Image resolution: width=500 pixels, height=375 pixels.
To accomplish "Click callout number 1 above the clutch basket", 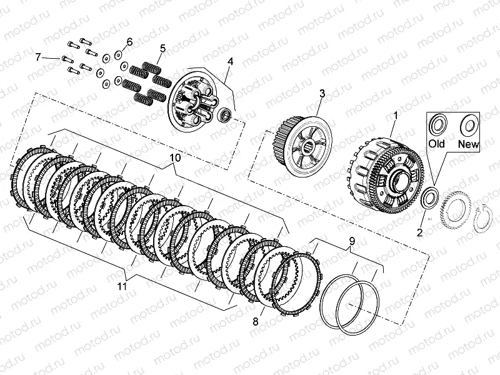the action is point(396,116).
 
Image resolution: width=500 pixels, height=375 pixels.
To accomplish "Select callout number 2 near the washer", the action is point(419,232).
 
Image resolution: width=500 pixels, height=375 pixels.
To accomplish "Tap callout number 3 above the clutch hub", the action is point(322,94).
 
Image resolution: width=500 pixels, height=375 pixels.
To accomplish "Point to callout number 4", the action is point(230,61).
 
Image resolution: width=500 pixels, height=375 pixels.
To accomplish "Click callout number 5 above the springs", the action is point(163,49).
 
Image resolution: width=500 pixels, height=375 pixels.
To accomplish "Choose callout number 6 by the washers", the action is point(129,42).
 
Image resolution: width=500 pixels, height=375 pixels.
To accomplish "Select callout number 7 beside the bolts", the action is point(38,57).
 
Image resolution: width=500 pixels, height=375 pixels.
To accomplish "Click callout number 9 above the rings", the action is point(352,241).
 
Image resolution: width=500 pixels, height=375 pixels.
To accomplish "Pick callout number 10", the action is point(175,158).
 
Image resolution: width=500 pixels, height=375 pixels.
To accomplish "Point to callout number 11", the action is point(122,286).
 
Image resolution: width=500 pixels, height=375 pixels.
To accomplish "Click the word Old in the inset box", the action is point(436,144).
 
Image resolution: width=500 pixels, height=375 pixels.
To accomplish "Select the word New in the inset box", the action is point(468,144).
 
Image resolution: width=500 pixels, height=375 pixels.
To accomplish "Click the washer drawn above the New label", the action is point(468,125).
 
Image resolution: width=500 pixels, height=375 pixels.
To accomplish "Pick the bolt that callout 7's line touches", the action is point(67,59).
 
